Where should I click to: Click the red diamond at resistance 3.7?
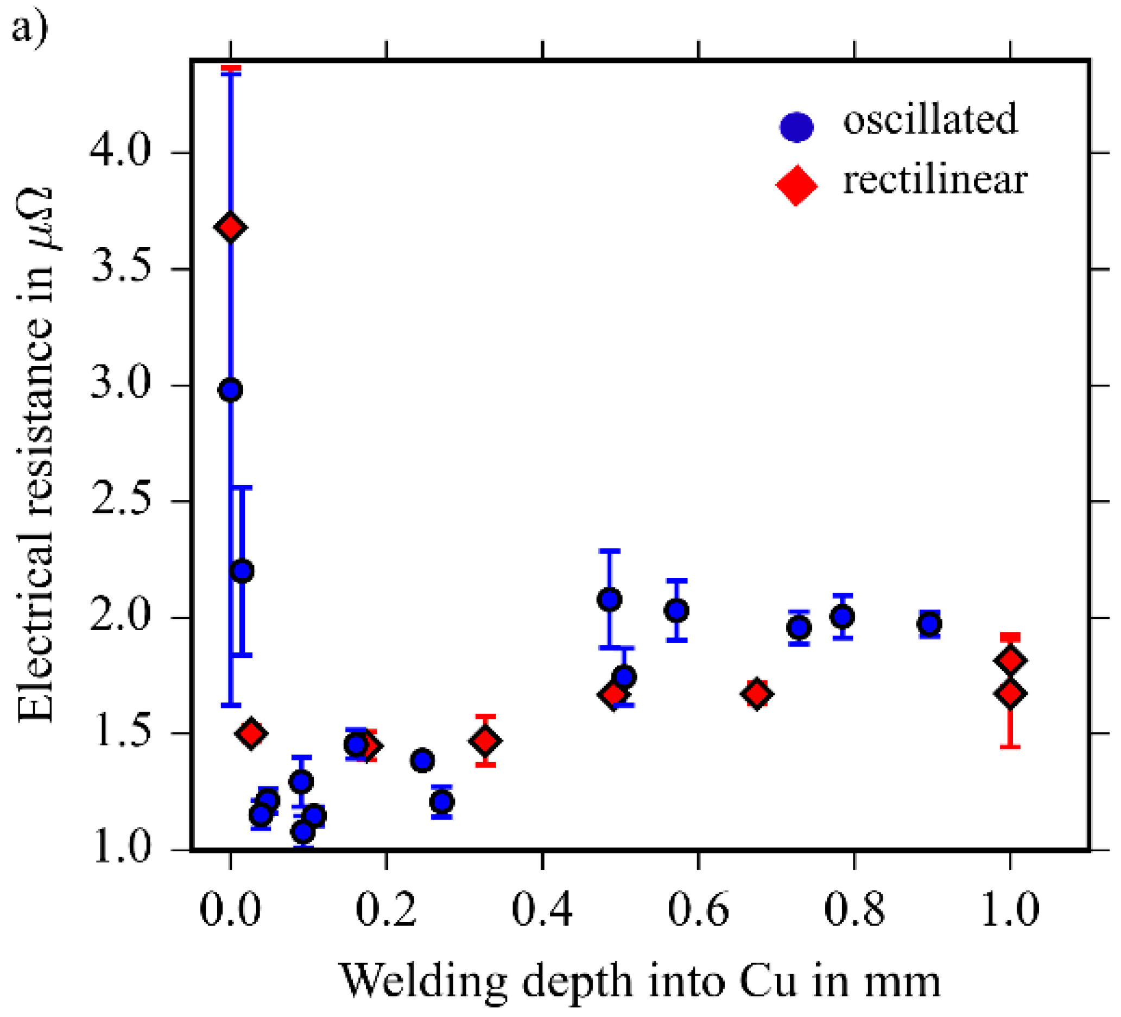tap(231, 227)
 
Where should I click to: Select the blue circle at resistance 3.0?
tap(231, 390)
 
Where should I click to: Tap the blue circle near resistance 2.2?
tap(242, 572)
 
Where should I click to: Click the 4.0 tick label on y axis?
tap(121, 152)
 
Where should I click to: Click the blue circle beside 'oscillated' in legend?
tap(796, 126)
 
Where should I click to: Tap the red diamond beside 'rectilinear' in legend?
tap(796, 185)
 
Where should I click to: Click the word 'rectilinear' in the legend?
tap(935, 181)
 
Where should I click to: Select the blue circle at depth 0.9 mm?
tap(930, 624)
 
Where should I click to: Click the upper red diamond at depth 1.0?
tap(1010, 661)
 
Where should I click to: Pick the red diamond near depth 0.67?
tap(757, 694)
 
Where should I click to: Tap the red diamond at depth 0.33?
tap(485, 740)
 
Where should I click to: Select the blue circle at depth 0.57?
tap(677, 610)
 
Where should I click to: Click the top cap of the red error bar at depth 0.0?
tap(231, 68)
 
